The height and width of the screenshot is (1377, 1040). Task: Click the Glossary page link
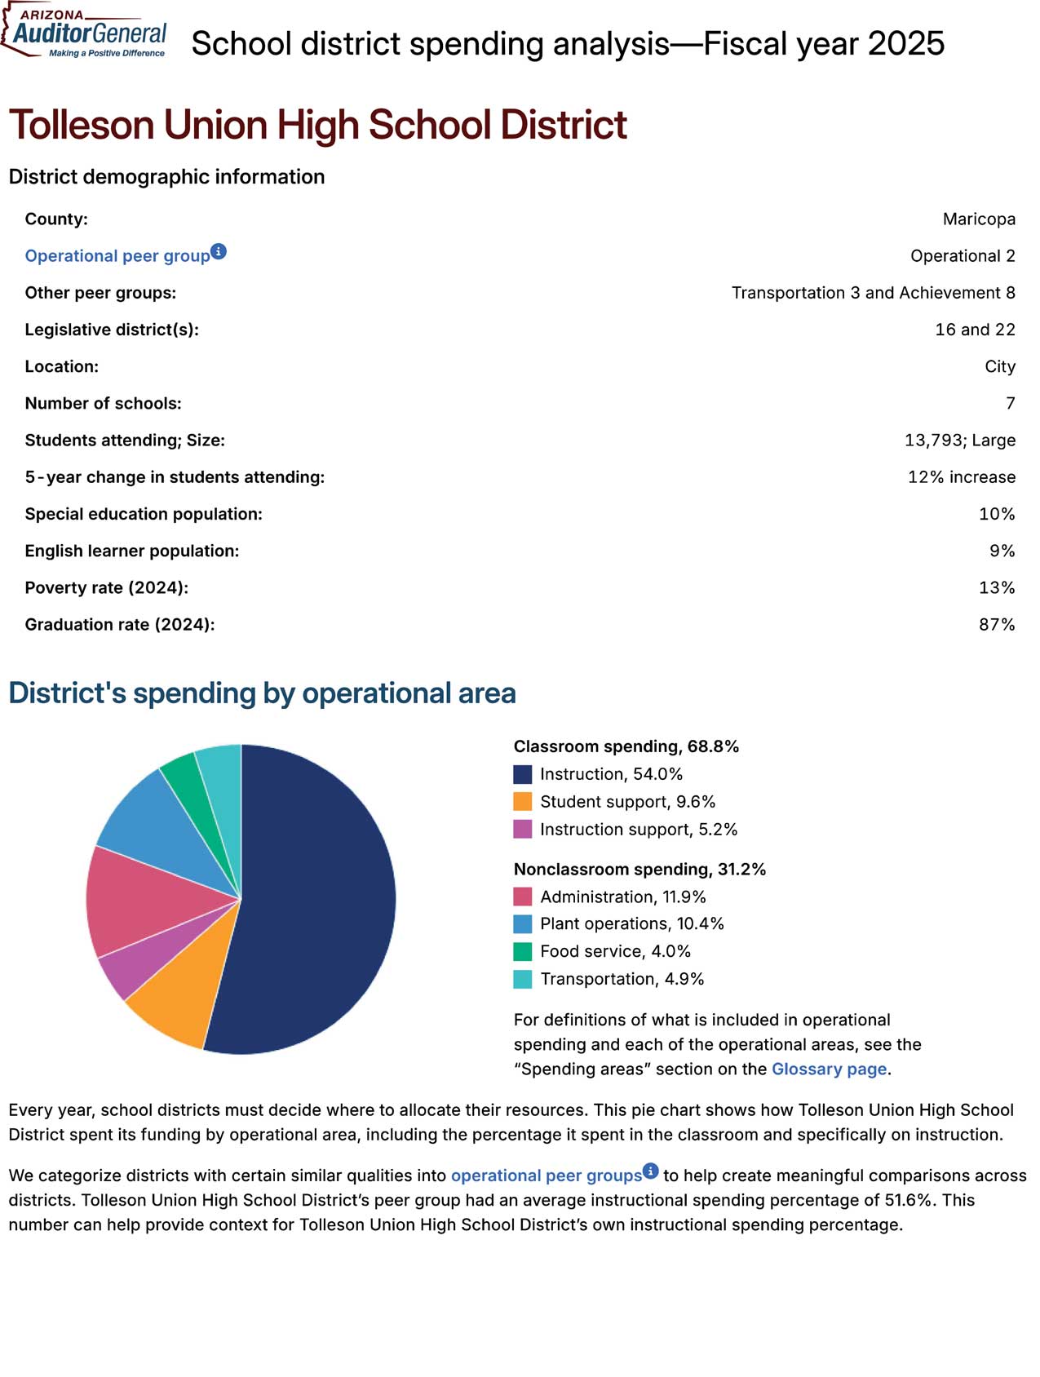pyautogui.click(x=828, y=1069)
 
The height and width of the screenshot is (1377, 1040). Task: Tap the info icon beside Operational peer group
pyautogui.click(x=219, y=251)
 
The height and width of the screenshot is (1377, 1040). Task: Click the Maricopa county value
pyautogui.click(x=978, y=219)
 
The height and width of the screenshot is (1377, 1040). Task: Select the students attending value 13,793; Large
pyautogui.click(x=959, y=440)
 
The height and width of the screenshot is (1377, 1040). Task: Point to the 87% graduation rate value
pyautogui.click(x=996, y=624)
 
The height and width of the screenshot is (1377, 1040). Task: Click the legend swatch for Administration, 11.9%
pyautogui.click(x=523, y=897)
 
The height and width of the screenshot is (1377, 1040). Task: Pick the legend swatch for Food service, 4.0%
pyautogui.click(x=523, y=951)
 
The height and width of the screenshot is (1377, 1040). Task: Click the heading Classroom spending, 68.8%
pyautogui.click(x=626, y=746)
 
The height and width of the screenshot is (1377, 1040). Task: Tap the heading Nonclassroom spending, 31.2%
pyautogui.click(x=639, y=869)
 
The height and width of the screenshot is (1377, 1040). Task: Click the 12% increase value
pyautogui.click(x=961, y=476)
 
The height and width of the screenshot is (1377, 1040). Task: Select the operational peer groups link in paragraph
pyautogui.click(x=546, y=1176)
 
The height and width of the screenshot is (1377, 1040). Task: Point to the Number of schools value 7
pyautogui.click(x=1010, y=403)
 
